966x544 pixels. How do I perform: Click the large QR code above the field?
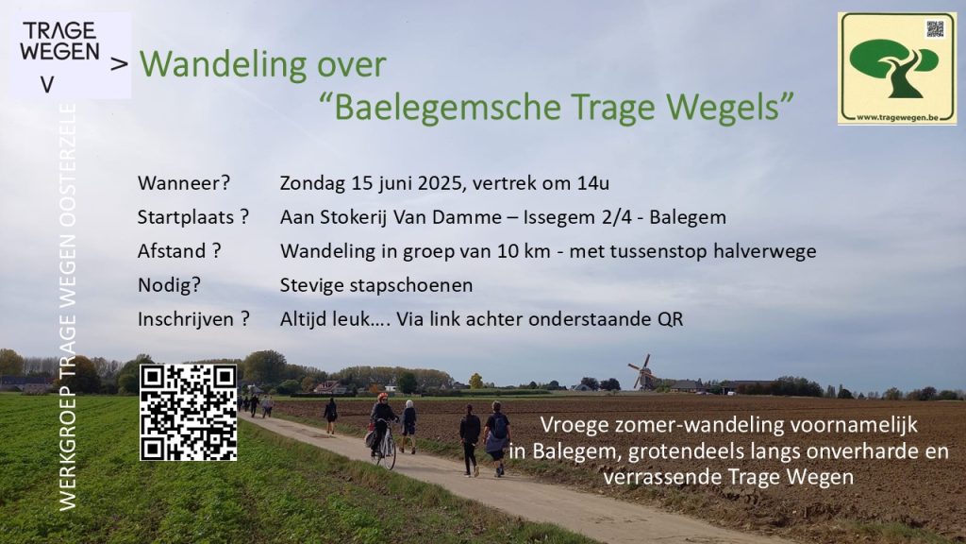click(x=189, y=412)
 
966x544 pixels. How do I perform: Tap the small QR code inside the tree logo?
click(x=935, y=28)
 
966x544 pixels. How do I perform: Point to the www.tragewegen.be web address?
click(x=897, y=116)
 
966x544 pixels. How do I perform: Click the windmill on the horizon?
click(x=641, y=372)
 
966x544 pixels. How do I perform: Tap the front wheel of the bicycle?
click(x=390, y=453)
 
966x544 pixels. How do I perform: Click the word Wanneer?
click(x=184, y=183)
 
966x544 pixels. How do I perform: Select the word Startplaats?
click(x=186, y=217)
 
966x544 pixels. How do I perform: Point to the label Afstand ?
click(x=178, y=251)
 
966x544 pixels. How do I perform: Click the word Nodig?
click(x=169, y=285)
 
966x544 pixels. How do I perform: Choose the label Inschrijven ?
click(x=193, y=319)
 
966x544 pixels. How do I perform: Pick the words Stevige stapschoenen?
click(x=376, y=285)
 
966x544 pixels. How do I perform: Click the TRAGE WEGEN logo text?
click(x=59, y=42)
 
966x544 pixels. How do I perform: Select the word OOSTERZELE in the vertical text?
click(x=67, y=166)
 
